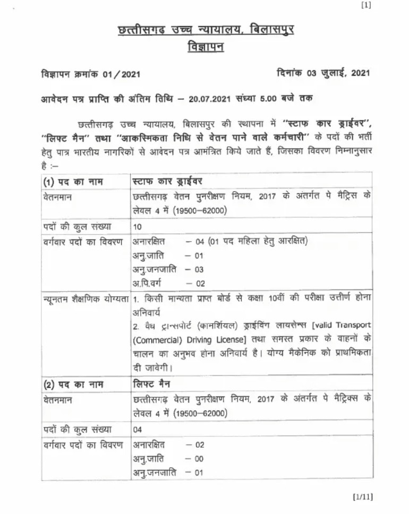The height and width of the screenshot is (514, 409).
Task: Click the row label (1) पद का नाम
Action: point(73,182)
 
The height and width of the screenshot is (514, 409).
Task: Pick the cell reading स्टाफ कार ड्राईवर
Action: point(167,182)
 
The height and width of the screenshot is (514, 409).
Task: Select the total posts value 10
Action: point(138,227)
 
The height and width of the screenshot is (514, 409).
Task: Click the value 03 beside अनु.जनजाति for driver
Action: point(199,269)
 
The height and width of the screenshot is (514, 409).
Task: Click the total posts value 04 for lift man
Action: point(138,429)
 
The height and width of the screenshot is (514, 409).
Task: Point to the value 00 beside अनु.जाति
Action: point(199,458)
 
